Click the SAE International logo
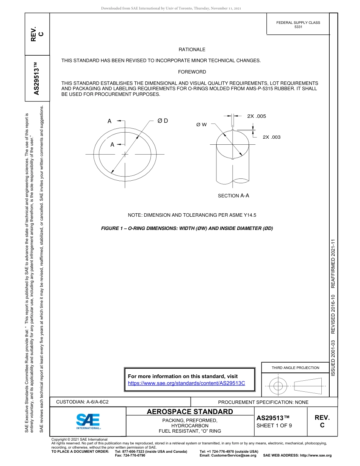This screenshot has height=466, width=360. (88, 421)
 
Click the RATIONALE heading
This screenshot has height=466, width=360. (192, 50)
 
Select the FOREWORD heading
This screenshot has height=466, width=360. (192, 72)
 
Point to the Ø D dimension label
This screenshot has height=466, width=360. (163, 121)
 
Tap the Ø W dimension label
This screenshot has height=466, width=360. (201, 124)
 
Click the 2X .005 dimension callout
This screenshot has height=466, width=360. (256, 116)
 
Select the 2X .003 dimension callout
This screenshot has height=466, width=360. (271, 137)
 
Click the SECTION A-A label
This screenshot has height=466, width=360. (233, 196)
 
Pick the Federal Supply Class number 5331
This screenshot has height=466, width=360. (298, 27)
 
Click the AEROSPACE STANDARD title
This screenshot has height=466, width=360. (190, 412)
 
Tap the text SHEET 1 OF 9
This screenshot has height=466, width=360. (274, 425)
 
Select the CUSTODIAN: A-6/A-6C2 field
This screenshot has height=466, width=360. (82, 402)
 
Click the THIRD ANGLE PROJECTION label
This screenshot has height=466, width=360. (295, 367)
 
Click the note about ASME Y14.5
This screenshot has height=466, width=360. (192, 215)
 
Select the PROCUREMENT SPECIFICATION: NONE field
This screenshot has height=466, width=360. (263, 402)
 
